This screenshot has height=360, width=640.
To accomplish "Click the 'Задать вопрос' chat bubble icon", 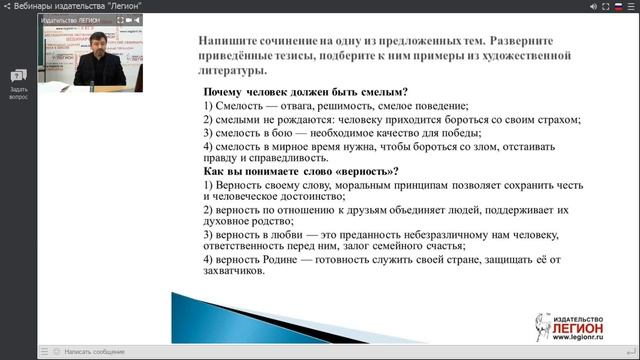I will tap(19, 76).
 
